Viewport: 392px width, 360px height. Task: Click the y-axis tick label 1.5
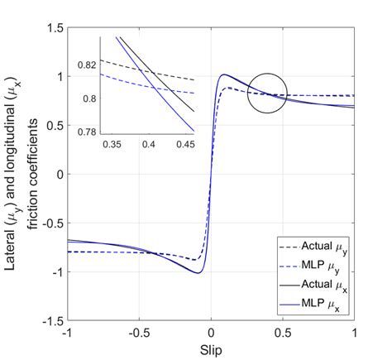(x=54, y=28)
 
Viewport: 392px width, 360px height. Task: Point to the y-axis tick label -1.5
(x=51, y=320)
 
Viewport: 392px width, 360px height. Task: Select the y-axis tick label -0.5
(x=51, y=223)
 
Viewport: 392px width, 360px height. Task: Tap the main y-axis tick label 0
(x=59, y=175)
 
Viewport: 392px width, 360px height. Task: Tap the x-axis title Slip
(x=212, y=348)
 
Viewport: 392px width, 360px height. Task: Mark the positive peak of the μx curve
(x=224, y=75)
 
